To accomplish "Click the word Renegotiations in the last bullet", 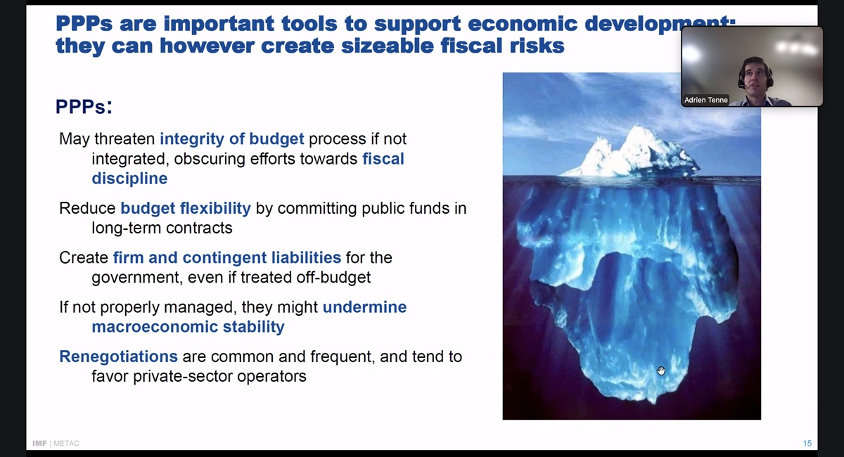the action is coord(118,356).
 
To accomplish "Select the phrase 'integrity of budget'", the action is coord(231,139).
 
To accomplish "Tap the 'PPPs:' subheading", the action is coord(84,106).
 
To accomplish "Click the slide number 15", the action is coord(807,444).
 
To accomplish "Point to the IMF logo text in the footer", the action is coord(39,444).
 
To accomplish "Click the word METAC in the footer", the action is coord(66,444).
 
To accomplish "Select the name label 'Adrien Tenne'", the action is coord(705,100).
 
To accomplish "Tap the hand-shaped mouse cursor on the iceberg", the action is coord(661,371).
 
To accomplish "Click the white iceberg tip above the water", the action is coord(637,155).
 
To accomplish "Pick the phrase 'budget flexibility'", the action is coord(186,208).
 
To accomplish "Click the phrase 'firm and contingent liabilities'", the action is coord(226,258).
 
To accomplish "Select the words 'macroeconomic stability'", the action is coord(188,327).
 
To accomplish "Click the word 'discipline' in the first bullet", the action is coord(129,179).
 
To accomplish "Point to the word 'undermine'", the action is coord(365,307).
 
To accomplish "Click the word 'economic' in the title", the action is coord(523,24).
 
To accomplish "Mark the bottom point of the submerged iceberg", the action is coord(653,404).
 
